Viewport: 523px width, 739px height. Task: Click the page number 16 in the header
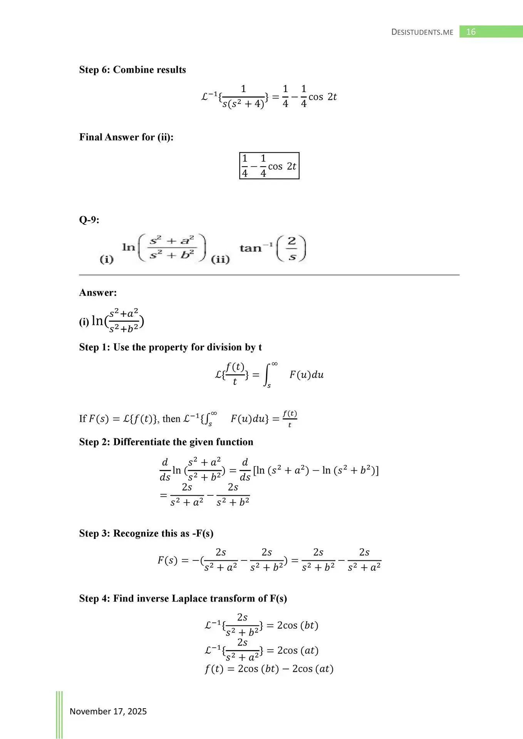pyautogui.click(x=471, y=32)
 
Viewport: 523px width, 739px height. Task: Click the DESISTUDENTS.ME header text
pyautogui.click(x=422, y=32)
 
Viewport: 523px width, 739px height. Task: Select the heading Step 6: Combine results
pyautogui.click(x=132, y=70)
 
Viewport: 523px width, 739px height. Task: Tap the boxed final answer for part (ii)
pyautogui.click(x=269, y=166)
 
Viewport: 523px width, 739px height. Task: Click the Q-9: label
pyautogui.click(x=89, y=220)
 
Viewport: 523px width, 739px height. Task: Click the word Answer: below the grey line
pyautogui.click(x=98, y=293)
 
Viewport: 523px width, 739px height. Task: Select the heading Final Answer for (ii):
pyautogui.click(x=126, y=137)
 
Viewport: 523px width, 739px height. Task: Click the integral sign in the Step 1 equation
pyautogui.click(x=267, y=375)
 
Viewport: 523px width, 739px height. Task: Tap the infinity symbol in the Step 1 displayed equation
pyautogui.click(x=275, y=364)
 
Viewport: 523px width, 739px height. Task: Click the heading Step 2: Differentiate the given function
pyautogui.click(x=166, y=442)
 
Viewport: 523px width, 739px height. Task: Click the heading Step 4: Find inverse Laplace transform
pyautogui.click(x=183, y=599)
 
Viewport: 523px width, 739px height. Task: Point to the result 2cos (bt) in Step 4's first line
pyautogui.click(x=298, y=625)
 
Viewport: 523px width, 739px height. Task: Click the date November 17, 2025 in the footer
pyautogui.click(x=108, y=711)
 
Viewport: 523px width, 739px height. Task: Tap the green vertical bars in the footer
pyautogui.click(x=59, y=714)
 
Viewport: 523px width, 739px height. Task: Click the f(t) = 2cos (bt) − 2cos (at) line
pyautogui.click(x=269, y=669)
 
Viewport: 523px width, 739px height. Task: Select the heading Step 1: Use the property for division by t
pyautogui.click(x=170, y=347)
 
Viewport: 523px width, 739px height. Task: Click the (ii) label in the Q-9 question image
pyautogui.click(x=220, y=259)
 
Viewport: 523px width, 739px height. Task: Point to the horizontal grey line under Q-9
pyautogui.click(x=269, y=275)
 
